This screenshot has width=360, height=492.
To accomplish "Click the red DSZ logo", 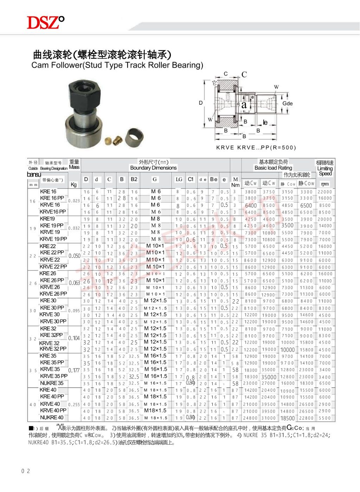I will click(46, 23).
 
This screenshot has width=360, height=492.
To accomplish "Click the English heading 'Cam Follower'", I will click(117, 65).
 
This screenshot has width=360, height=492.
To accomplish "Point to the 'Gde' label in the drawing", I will click(287, 103).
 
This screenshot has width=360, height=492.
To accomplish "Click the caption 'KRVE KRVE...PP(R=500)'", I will click(256, 147).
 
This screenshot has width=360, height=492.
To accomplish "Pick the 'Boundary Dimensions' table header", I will click(153, 168).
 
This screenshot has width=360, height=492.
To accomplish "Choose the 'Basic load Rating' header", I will click(273, 168).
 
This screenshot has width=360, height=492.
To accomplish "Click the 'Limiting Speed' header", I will click(325, 171).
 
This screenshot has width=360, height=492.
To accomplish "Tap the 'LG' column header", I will click(179, 179).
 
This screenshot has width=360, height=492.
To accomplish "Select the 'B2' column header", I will click(134, 179).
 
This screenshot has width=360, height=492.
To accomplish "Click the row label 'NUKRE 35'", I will click(52, 383).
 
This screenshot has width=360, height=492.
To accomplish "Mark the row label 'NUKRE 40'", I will click(52, 417).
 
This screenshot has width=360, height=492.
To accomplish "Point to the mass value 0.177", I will click(74, 370).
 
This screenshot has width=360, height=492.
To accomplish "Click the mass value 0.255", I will click(74, 404).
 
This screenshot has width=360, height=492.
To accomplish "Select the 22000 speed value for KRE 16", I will click(324, 192).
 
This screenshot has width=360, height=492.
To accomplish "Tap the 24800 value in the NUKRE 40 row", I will click(250, 418).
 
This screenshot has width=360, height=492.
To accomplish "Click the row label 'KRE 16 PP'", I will click(52, 198).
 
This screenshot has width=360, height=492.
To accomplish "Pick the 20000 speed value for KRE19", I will click(324, 219).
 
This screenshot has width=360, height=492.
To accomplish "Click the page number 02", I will click(26, 471).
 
